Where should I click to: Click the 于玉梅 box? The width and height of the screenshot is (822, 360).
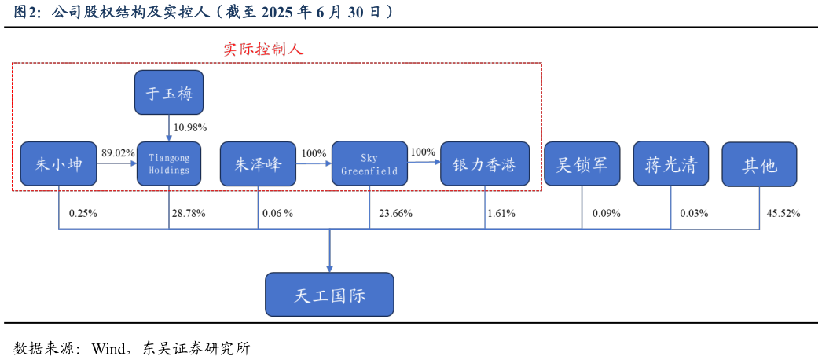click(x=169, y=93)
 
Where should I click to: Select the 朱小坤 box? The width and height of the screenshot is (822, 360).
click(x=59, y=163)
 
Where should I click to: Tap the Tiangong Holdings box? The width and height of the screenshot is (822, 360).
click(x=169, y=163)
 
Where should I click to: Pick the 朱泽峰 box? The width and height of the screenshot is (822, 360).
click(x=258, y=163)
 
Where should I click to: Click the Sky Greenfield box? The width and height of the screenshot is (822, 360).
click(x=369, y=163)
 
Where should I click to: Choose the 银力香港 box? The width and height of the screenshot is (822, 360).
click(x=484, y=163)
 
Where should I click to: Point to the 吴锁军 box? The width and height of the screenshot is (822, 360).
click(x=582, y=163)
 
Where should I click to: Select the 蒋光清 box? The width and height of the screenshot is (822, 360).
click(x=670, y=163)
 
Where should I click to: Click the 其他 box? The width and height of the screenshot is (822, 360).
click(x=759, y=164)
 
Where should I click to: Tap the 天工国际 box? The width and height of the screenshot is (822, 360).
click(x=329, y=295)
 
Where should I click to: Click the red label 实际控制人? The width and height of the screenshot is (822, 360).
click(x=263, y=50)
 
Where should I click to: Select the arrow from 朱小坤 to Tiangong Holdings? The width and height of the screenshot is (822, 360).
click(x=116, y=163)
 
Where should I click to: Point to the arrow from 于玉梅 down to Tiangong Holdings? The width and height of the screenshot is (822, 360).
click(x=169, y=127)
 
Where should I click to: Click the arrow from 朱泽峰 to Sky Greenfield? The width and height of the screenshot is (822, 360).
click(x=314, y=163)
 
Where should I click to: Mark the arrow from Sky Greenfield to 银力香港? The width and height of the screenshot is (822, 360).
click(x=424, y=162)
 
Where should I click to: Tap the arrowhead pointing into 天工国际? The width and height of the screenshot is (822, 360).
click(x=329, y=267)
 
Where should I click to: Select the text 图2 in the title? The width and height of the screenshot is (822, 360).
click(x=26, y=12)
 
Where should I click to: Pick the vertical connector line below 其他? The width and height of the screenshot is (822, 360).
click(x=759, y=208)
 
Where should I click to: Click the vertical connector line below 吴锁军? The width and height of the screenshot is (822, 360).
click(x=582, y=208)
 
